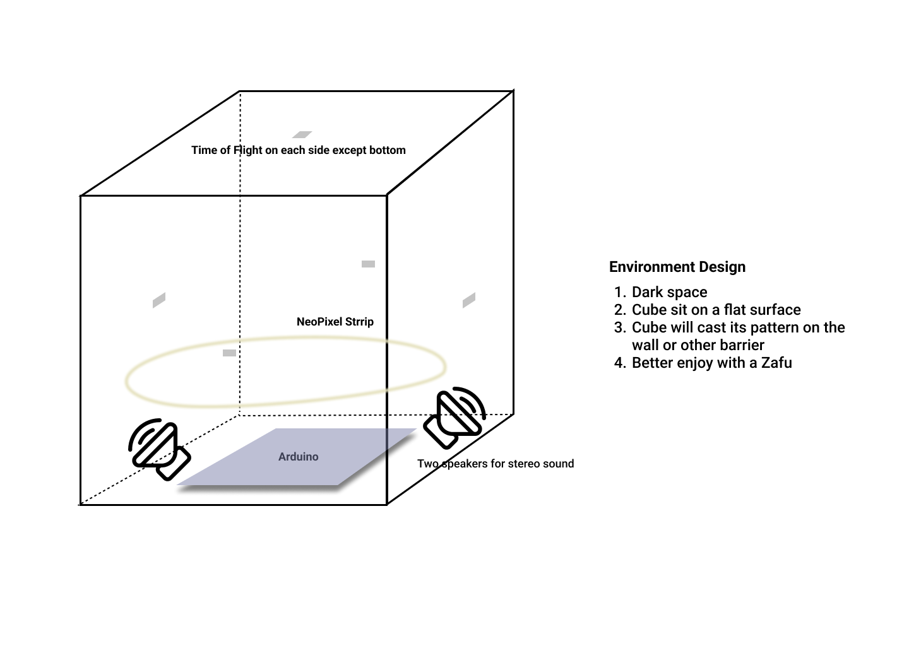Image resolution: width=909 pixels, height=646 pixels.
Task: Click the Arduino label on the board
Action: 298,457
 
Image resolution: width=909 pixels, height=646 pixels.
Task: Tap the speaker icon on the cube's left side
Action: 159,449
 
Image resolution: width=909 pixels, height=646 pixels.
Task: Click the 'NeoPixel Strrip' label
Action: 335,322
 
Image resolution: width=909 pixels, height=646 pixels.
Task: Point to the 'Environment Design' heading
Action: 677,267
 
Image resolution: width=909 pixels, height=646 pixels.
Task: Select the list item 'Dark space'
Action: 669,292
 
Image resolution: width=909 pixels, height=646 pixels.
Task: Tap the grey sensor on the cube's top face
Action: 302,134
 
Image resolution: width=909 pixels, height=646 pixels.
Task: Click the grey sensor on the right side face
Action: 468,300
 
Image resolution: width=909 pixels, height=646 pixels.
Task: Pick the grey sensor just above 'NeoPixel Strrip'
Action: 368,264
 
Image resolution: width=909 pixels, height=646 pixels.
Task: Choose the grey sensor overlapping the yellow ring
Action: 230,353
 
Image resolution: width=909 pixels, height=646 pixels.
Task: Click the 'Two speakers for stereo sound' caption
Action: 496,464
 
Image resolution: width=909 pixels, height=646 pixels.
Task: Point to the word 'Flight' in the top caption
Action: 248,150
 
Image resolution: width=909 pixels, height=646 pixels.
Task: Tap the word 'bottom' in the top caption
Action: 388,150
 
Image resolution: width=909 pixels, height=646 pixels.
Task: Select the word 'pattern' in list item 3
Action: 772,327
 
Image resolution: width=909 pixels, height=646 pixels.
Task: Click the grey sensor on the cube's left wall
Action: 159,300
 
